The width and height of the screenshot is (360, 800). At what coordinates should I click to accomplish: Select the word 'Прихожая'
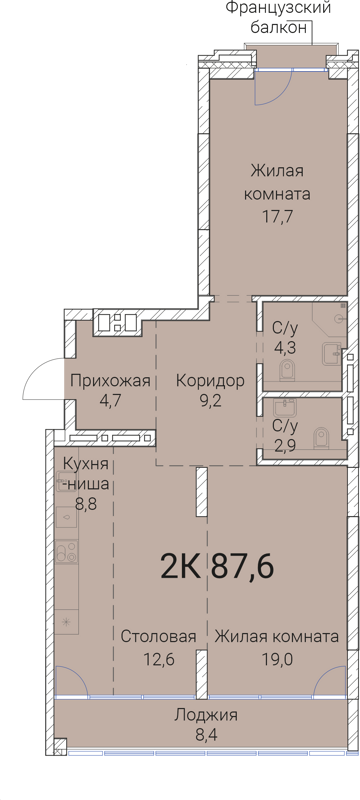(x=110, y=380)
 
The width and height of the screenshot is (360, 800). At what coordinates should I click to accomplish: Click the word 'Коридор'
(x=210, y=380)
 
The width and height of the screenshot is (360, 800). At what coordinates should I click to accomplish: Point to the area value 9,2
(x=210, y=401)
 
